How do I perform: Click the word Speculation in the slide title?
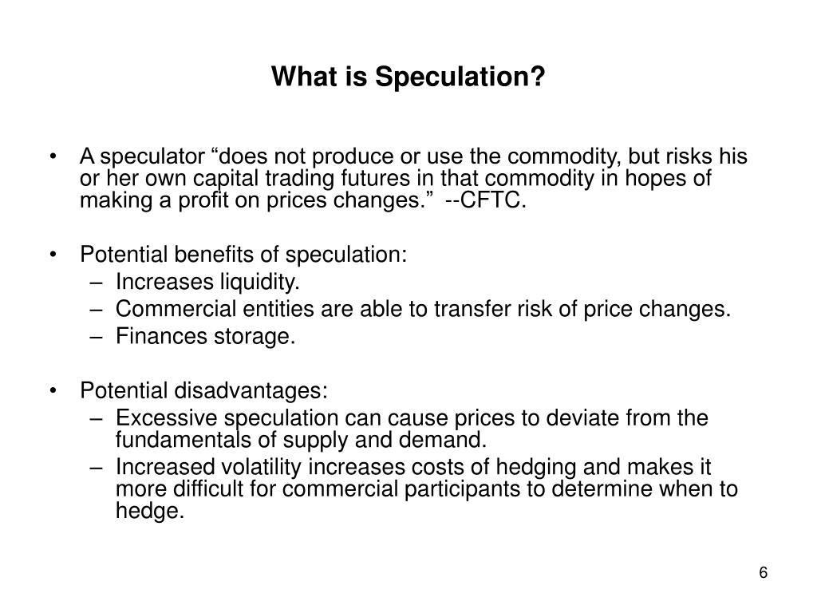click(460, 77)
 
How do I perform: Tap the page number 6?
click(764, 574)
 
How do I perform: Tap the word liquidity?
click(249, 282)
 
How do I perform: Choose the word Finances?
click(151, 336)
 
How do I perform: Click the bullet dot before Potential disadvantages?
click(53, 391)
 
